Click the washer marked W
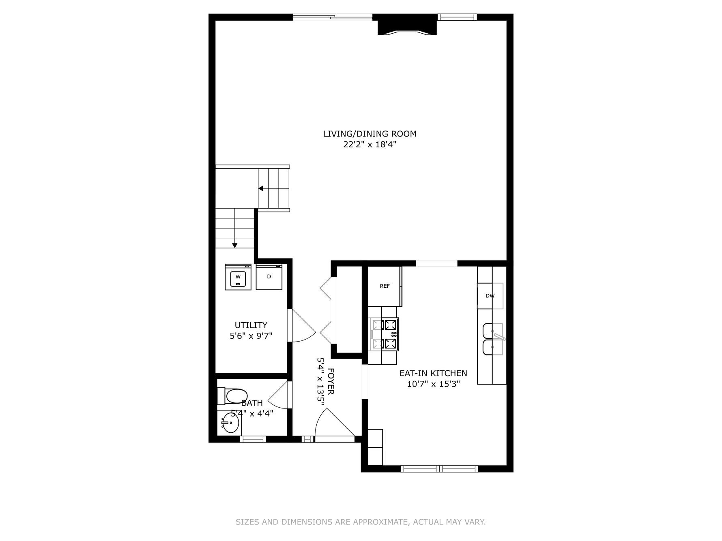238,277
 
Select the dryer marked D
269,277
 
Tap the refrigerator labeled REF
385,286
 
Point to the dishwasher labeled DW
490,296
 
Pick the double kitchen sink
492,339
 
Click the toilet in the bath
233,396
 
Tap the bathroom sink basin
230,424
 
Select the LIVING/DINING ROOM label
370,134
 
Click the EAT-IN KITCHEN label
433,373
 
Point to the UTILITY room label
251,325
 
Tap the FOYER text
331,381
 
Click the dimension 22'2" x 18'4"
370,144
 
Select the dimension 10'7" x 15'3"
433,384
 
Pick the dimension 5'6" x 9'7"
251,336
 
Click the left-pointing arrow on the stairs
261,188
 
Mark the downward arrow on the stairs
234,245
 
